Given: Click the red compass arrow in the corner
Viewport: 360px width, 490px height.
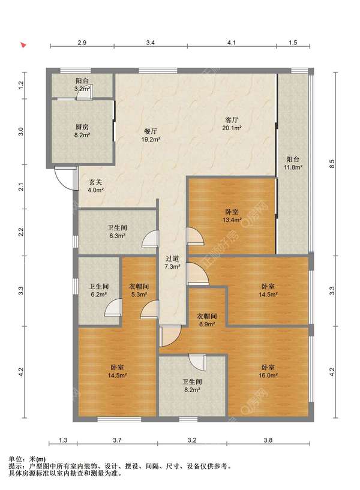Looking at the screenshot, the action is pyautogui.click(x=23, y=45).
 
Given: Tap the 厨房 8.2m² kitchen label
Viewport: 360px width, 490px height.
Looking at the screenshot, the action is pyautogui.click(x=82, y=131).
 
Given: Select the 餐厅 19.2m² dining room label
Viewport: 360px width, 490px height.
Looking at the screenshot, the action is pyautogui.click(x=151, y=136).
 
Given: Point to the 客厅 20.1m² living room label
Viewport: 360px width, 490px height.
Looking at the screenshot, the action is pyautogui.click(x=232, y=124).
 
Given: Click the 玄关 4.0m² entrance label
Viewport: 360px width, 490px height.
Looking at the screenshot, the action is pyautogui.click(x=95, y=186).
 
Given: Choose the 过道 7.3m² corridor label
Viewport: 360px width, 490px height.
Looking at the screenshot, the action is pyautogui.click(x=172, y=263).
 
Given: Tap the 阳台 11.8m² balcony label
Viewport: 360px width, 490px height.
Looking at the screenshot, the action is pyautogui.click(x=293, y=163).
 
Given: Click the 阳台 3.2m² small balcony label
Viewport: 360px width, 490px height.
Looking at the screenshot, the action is pyautogui.click(x=82, y=85).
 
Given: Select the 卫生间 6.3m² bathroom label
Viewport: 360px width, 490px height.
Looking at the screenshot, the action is pyautogui.click(x=117, y=232).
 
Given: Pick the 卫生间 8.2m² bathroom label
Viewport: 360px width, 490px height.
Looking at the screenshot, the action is pyautogui.click(x=192, y=386).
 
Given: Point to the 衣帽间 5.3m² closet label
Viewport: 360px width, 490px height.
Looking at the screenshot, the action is pyautogui.click(x=139, y=290).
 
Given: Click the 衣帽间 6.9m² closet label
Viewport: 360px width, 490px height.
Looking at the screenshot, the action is pyautogui.click(x=206, y=320).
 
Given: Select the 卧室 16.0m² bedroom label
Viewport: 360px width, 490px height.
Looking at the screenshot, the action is pyautogui.click(x=268, y=371).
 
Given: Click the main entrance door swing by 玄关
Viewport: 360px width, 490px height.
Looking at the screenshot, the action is pyautogui.click(x=66, y=178).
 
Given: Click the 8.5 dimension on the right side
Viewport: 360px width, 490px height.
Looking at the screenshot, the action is pyautogui.click(x=332, y=164).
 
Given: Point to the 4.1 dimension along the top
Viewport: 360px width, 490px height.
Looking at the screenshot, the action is pyautogui.click(x=232, y=43).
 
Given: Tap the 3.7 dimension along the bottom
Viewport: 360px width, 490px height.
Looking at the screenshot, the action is pyautogui.click(x=117, y=440).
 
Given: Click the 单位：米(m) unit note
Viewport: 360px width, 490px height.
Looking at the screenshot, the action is pyautogui.click(x=27, y=459).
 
